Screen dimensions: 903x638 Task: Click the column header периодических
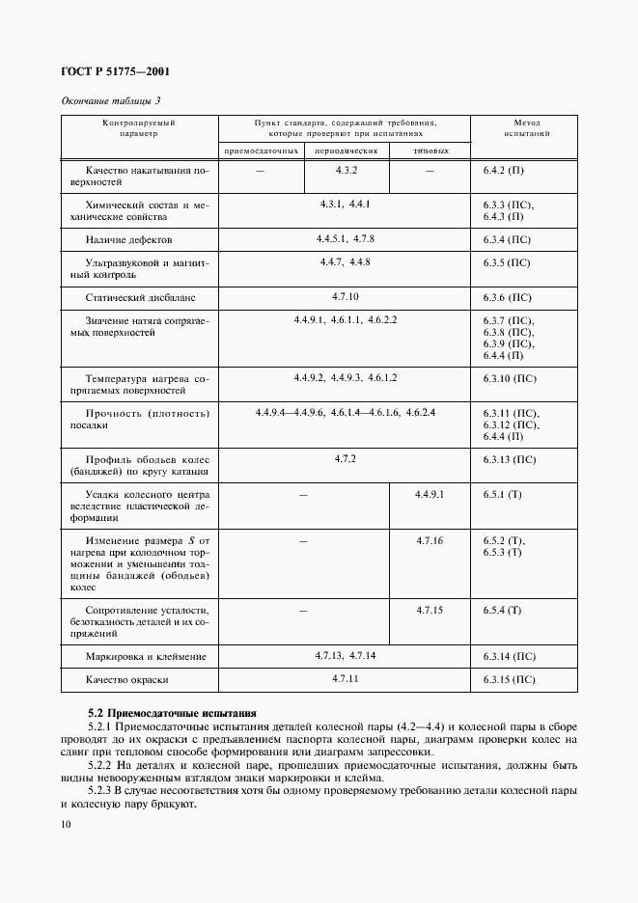[x=346, y=151]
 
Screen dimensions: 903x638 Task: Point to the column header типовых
[x=430, y=151]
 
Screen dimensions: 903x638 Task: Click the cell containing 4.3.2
[x=347, y=171]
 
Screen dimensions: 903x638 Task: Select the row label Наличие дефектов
[x=128, y=239]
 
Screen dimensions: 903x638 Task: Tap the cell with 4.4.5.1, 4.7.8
[x=345, y=237]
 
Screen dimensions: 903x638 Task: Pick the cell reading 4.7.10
[x=346, y=296]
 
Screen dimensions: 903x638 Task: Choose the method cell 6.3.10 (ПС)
[x=509, y=379]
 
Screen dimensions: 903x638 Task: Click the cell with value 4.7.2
[x=346, y=458]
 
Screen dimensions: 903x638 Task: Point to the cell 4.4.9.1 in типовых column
[x=429, y=494]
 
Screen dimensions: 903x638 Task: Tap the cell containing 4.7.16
[x=429, y=541]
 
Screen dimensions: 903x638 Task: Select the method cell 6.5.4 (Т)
[x=502, y=611]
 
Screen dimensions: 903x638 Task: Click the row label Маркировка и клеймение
[x=146, y=657]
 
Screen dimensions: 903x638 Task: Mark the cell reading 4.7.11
[x=346, y=679]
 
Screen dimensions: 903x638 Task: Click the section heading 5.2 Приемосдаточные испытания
[x=171, y=713]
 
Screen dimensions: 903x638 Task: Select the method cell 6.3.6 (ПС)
[x=507, y=298]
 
